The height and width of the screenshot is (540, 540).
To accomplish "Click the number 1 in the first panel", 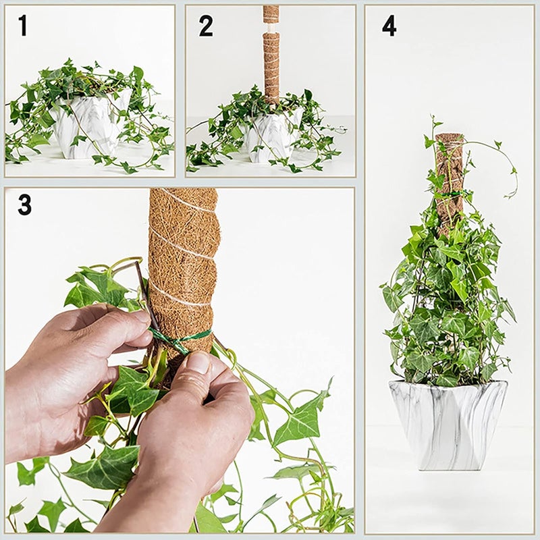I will point(23,26).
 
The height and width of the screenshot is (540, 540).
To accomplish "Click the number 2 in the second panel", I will point(206,26).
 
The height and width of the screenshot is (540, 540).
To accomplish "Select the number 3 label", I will point(24,204).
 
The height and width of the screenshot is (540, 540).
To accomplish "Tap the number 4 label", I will point(389,26).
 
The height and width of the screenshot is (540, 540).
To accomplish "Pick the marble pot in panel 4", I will point(448,422).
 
